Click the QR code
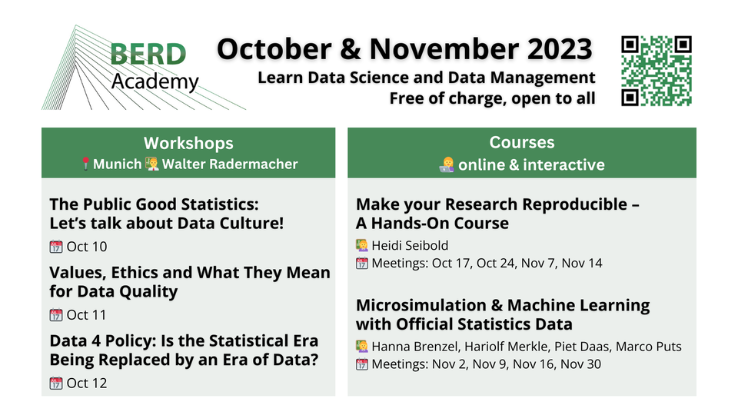click(x=657, y=71)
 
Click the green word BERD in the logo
click(x=148, y=54)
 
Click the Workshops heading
click(x=188, y=143)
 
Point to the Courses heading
click(x=522, y=142)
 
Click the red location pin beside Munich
click(x=85, y=164)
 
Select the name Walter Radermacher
click(x=230, y=164)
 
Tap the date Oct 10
click(x=87, y=247)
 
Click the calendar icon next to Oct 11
click(x=56, y=315)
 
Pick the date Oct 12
click(x=87, y=383)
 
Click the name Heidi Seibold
click(x=410, y=246)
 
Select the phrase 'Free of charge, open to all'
click(x=492, y=99)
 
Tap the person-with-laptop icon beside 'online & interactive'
click(x=447, y=164)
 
